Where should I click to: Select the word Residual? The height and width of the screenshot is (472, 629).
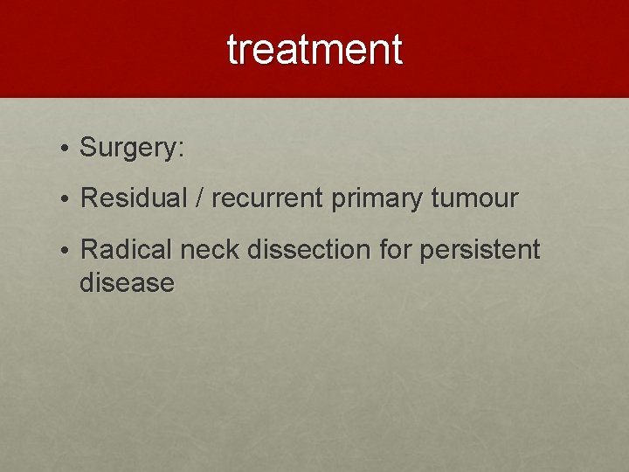133,198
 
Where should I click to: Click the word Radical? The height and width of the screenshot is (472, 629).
127,250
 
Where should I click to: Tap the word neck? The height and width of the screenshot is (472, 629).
211,250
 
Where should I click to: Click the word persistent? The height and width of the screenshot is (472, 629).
480,250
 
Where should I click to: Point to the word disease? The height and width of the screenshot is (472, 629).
127,282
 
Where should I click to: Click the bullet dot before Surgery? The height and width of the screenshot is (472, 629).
66,149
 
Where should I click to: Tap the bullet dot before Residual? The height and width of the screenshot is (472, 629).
66,200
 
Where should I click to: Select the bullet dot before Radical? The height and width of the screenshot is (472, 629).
66,252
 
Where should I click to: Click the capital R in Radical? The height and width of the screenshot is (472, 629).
88,250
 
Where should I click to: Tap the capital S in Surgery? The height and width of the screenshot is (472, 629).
88,147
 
